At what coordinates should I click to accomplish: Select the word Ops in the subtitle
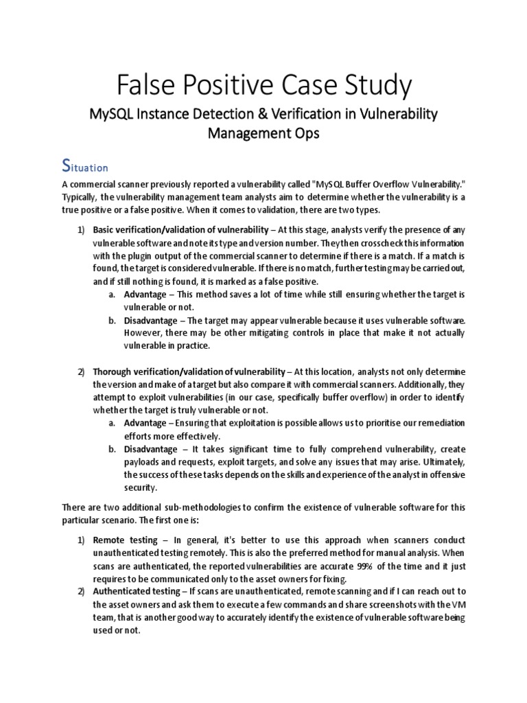306,133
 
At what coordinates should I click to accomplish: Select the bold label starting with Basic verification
180,229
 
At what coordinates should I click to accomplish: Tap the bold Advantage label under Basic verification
145,294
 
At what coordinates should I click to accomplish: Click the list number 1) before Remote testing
80,540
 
